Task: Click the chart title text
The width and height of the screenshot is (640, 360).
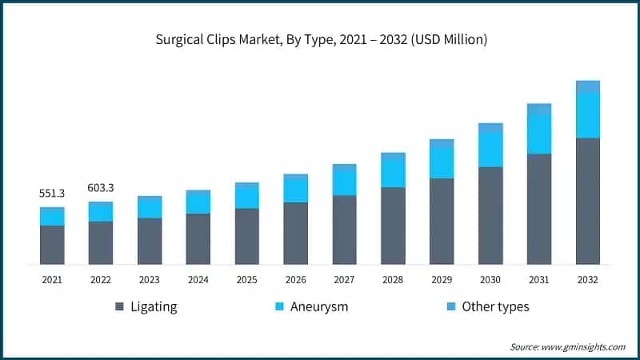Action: pyautogui.click(x=319, y=38)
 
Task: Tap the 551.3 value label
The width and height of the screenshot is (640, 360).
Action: pyautogui.click(x=52, y=194)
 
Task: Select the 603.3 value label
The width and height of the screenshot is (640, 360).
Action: pyautogui.click(x=101, y=188)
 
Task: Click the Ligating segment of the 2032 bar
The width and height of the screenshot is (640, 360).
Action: pyautogui.click(x=588, y=201)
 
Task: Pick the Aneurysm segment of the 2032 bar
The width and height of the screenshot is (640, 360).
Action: pyautogui.click(x=588, y=115)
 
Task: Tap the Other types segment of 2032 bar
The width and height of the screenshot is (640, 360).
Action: pyautogui.click(x=588, y=86)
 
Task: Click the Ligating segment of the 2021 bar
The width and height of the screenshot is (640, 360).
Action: pyautogui.click(x=52, y=245)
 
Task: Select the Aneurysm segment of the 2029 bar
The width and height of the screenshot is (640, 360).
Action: pyautogui.click(x=442, y=162)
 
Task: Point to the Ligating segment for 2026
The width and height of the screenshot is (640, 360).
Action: pyautogui.click(x=295, y=233)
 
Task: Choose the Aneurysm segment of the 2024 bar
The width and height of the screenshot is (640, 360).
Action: pyautogui.click(x=198, y=204)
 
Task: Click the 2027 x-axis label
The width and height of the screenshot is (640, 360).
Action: pyautogui.click(x=344, y=279)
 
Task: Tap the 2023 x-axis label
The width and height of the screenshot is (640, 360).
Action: pyautogui.click(x=150, y=279)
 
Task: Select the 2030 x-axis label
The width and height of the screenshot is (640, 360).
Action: pyautogui.click(x=490, y=279)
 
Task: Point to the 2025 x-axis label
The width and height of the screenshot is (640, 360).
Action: pyautogui.click(x=246, y=279)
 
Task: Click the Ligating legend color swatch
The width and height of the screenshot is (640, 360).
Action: pyautogui.click(x=120, y=306)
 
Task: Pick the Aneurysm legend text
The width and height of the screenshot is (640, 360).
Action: pyautogui.click(x=320, y=306)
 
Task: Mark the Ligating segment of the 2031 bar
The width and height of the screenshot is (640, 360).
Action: pyautogui.click(x=539, y=209)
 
